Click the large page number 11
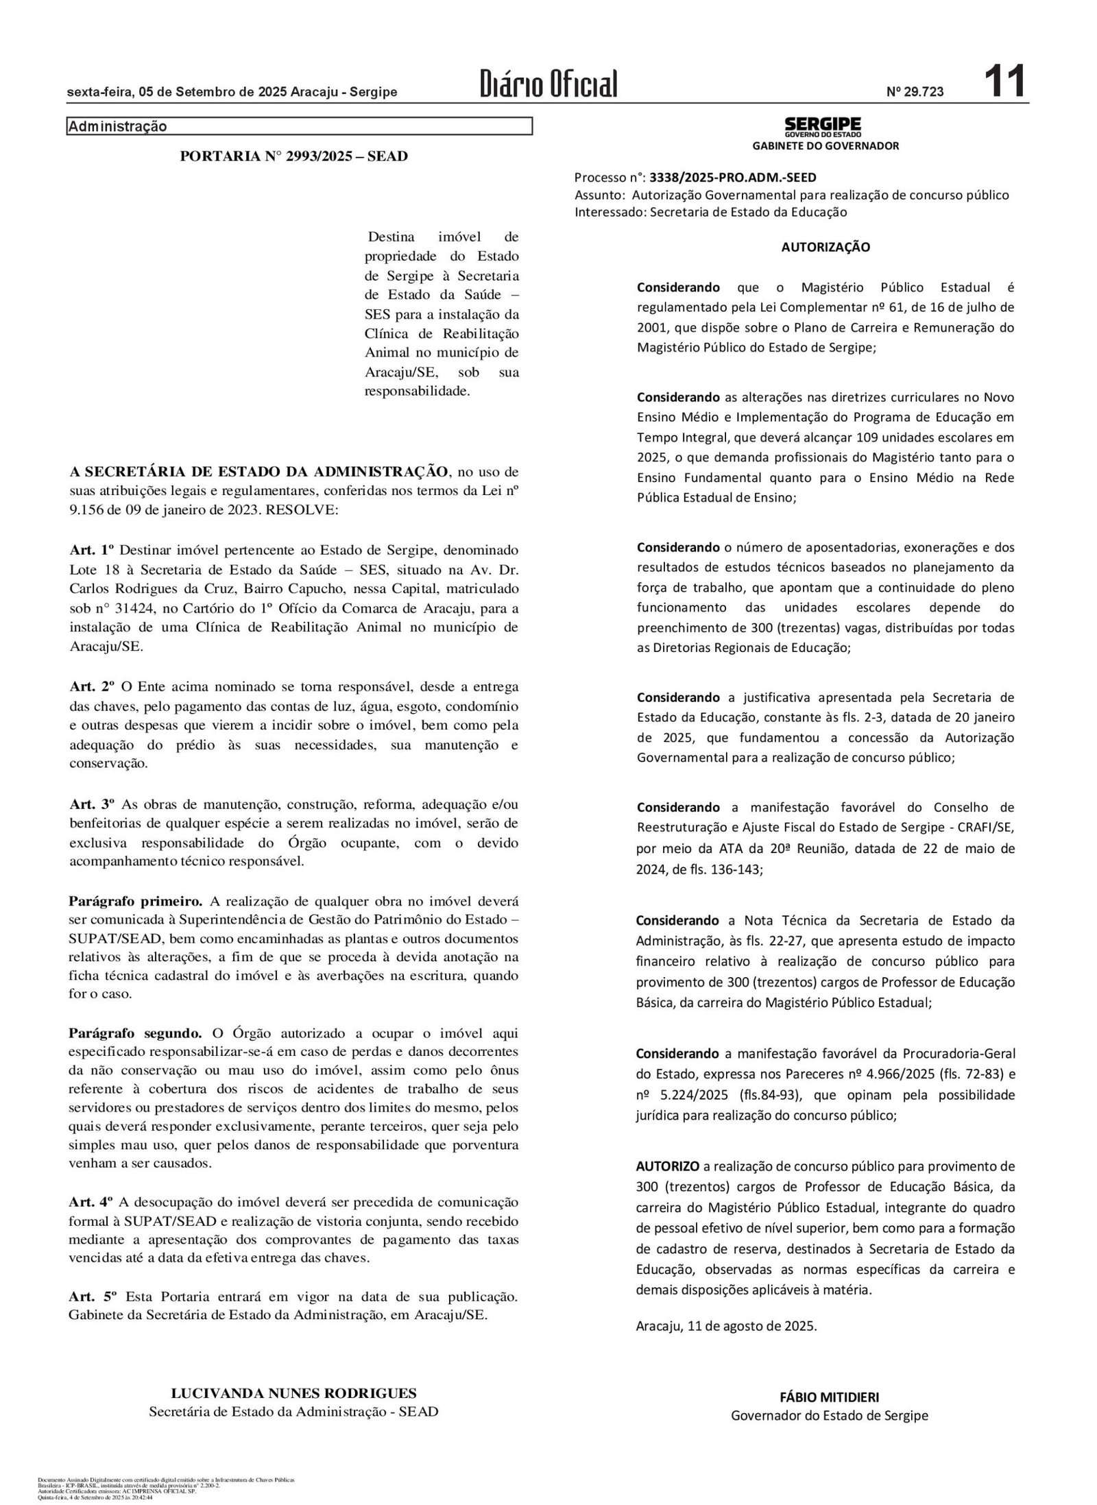pos(1004,82)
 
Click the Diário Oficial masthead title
pos(548,84)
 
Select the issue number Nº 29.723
pos(915,91)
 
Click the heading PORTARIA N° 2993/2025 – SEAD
pos(293,156)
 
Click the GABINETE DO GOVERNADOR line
pos(825,146)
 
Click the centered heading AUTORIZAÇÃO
pos(825,248)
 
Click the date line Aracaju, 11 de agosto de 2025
pos(727,1325)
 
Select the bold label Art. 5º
pos(93,1297)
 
